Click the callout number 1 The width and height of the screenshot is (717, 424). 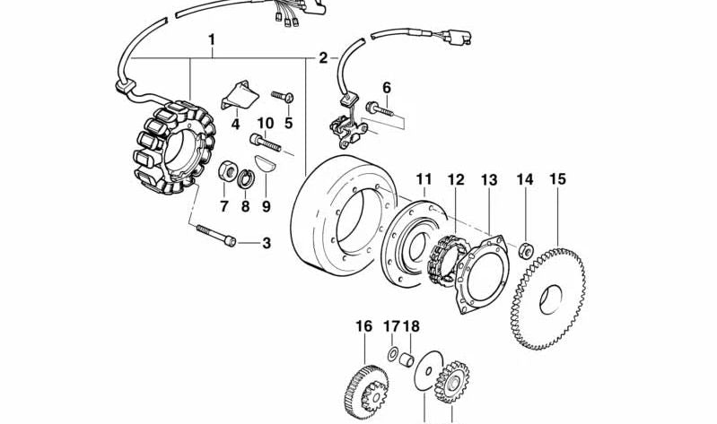(212, 40)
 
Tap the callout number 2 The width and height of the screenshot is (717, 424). (322, 59)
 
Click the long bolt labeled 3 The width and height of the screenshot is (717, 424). (214, 236)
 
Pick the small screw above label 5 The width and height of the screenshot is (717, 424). (282, 93)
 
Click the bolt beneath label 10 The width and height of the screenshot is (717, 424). (267, 142)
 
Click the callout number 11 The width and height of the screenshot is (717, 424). (424, 179)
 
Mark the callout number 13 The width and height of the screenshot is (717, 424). (488, 180)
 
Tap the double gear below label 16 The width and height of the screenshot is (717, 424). (363, 390)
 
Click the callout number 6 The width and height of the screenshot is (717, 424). (387, 87)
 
